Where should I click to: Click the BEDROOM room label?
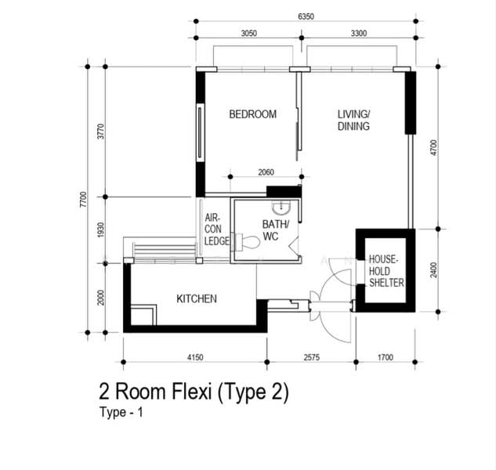coord(253,114)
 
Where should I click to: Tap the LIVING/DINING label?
coord(353,120)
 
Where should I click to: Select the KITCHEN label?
coord(197,299)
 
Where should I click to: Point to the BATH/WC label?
coord(275,230)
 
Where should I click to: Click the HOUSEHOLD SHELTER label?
coord(386,271)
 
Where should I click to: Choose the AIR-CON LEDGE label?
coord(216,230)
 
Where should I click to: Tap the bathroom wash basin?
coord(281,208)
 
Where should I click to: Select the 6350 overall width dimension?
coord(306,16)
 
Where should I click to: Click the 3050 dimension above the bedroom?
coord(249,33)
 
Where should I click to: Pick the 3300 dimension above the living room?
coord(359,33)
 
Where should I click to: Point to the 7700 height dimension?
coord(83,200)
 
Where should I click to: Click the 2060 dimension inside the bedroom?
coord(266,172)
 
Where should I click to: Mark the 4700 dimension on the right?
coord(433,148)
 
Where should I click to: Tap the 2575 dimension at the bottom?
coord(312,357)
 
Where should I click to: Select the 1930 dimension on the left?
coord(100,230)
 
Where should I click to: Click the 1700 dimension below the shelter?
coord(386,357)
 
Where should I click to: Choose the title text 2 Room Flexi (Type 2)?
coord(194,392)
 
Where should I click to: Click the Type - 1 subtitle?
coord(121,413)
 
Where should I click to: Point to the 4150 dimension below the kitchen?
coord(195,357)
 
